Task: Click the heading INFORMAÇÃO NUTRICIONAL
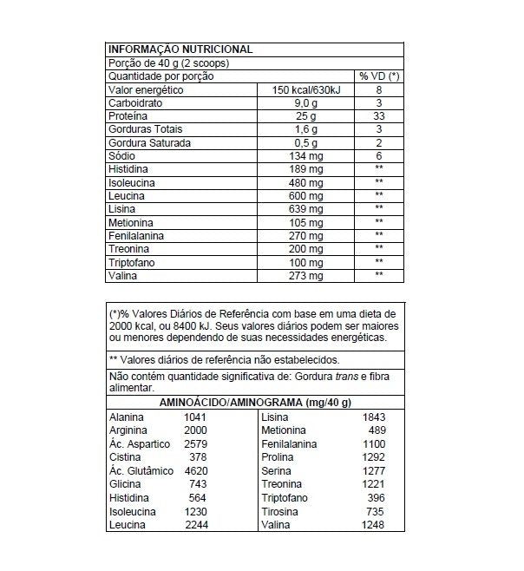pos(180,49)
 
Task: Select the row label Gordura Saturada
pos(149,142)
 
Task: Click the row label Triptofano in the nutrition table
pos(133,261)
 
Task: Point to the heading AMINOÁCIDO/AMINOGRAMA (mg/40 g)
pos(254,403)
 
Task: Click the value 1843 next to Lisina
pos(373,417)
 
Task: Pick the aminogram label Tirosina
pos(282,512)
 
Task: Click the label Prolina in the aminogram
pos(279,457)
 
